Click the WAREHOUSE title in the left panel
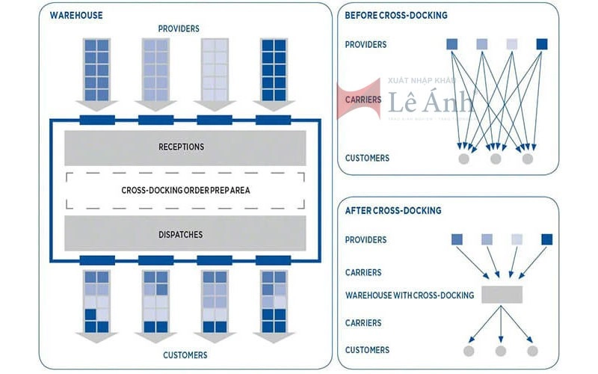point(76,15)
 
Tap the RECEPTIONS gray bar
point(181,147)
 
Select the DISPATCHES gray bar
point(181,234)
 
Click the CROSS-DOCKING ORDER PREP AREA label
point(185,190)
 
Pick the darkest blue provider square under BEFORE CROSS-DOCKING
point(542,43)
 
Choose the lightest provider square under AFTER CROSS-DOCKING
point(517,239)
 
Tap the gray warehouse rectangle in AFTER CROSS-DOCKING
point(502,295)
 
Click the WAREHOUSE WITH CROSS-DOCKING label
point(409,295)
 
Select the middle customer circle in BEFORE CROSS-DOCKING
point(496,159)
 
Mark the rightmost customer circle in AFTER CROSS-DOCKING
point(532,351)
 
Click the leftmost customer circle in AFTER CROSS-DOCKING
point(469,351)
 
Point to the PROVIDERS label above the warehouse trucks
point(179,28)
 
